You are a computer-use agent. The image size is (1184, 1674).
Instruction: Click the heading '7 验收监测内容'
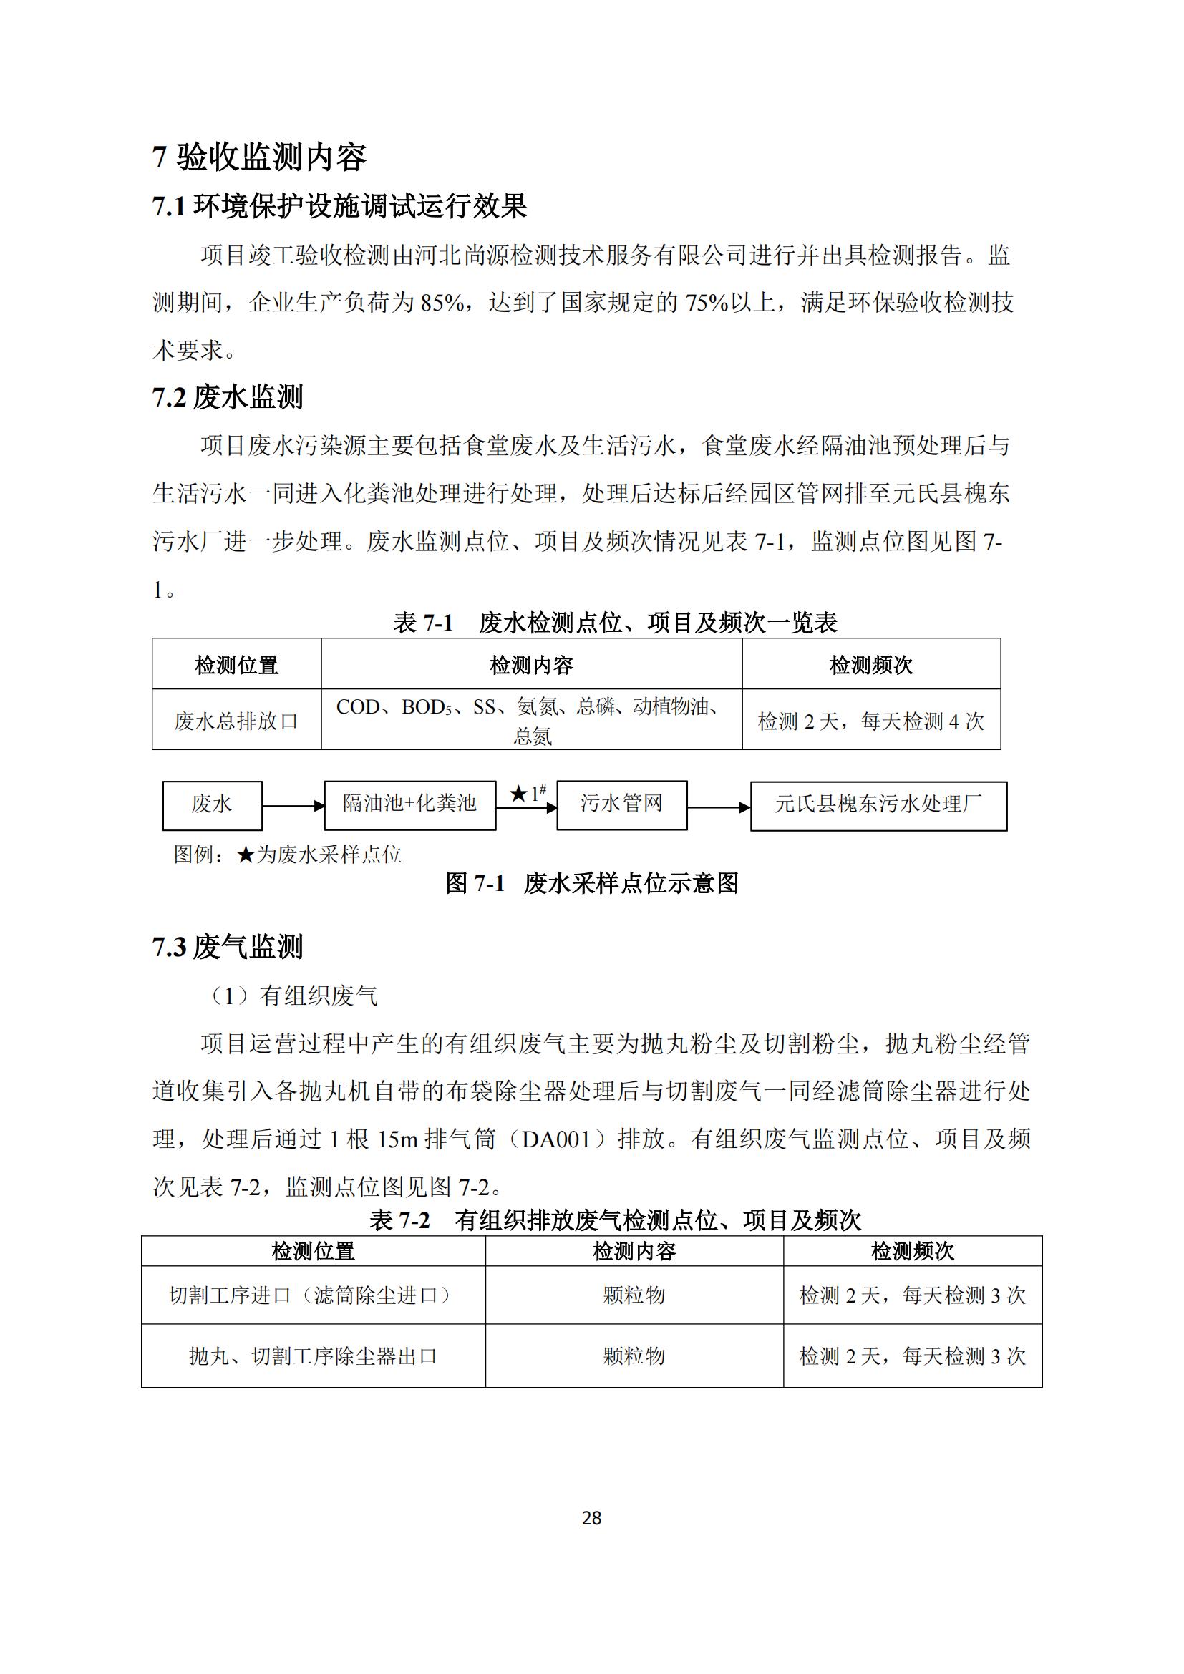[x=259, y=157]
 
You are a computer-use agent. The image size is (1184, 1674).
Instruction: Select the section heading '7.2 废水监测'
[x=228, y=397]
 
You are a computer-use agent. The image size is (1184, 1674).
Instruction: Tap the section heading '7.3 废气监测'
[x=228, y=947]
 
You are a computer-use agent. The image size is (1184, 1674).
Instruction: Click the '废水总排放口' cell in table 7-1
[x=236, y=721]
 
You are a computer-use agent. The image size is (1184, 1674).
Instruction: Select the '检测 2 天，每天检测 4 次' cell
[x=871, y=721]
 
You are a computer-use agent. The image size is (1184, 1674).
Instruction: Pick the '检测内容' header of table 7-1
[x=531, y=665]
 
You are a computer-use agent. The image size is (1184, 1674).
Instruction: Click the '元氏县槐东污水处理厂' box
[x=878, y=805]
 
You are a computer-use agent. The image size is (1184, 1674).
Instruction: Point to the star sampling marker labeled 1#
[x=519, y=793]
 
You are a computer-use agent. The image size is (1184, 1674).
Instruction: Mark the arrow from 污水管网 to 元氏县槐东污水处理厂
[x=719, y=807]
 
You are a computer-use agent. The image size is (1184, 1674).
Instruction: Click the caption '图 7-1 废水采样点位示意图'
[x=592, y=884]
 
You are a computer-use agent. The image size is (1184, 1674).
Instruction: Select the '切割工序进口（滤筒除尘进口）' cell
[x=313, y=1295]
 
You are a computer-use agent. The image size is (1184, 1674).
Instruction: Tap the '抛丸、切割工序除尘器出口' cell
[x=313, y=1356]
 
